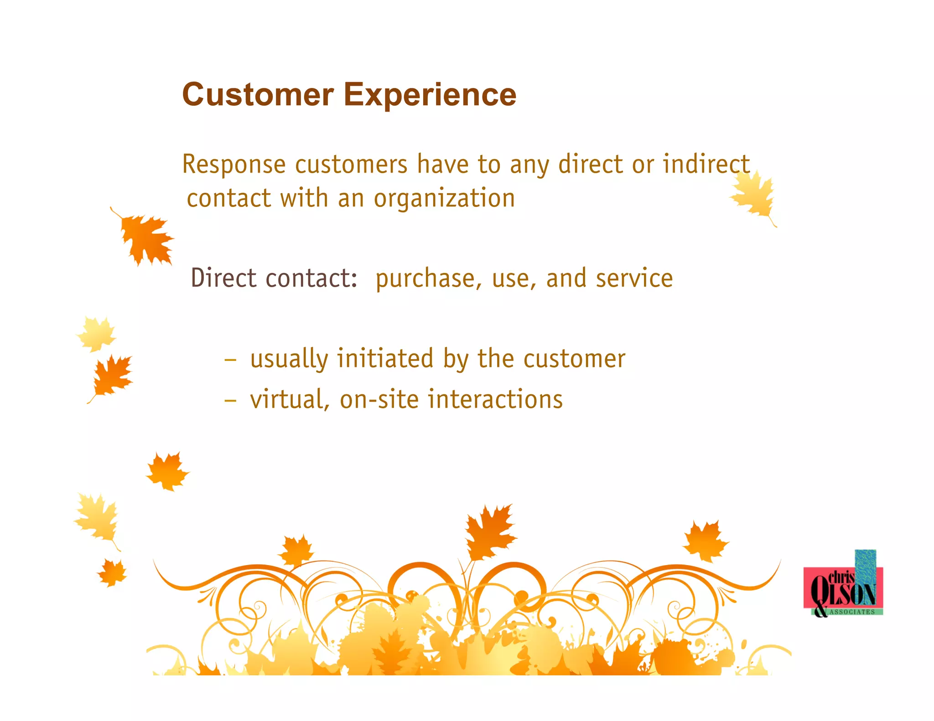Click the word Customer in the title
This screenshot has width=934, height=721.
[258, 95]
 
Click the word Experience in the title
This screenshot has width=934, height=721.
[430, 95]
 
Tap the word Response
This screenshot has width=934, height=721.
[233, 165]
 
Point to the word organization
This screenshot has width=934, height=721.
[444, 199]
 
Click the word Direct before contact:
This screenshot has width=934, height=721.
[223, 278]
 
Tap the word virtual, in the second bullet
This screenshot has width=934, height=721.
[290, 400]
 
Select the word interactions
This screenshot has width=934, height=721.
[495, 399]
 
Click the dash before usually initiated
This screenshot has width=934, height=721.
[230, 360]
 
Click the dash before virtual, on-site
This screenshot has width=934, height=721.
[230, 400]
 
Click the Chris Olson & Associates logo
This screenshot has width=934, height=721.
[843, 588]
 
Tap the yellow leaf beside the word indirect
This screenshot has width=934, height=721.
[753, 196]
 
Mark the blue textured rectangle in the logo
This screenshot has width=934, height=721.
[865, 565]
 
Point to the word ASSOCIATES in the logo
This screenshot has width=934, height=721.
[852, 612]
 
